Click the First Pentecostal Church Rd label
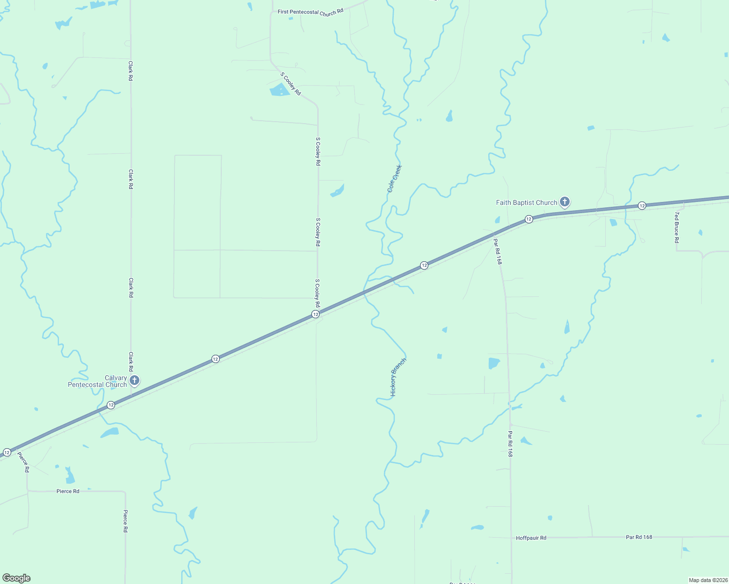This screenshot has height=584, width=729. point(310,12)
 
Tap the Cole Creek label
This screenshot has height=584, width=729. point(395,179)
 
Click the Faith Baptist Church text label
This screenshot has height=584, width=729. point(526,202)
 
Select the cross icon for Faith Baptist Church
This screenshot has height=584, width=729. point(565,201)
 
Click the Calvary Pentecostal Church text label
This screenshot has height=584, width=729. point(97,381)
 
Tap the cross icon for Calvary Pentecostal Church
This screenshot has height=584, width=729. point(134,380)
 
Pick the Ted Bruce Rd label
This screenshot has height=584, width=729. point(676,227)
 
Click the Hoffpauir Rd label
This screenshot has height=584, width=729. point(531,538)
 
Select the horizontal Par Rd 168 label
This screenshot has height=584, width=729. point(639,537)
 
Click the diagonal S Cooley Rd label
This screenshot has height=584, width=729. point(290,84)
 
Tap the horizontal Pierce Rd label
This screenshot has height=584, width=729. point(68,492)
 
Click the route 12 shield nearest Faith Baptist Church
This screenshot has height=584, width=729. point(529,219)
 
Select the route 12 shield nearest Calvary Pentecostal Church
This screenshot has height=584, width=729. point(111,405)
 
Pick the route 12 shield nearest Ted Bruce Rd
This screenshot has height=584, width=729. point(642,206)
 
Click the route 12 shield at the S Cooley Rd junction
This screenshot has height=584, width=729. point(316,314)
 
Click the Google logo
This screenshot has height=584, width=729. point(17,578)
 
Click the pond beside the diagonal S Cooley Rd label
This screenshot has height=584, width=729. point(279,90)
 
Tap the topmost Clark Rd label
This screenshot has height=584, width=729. point(131,71)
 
